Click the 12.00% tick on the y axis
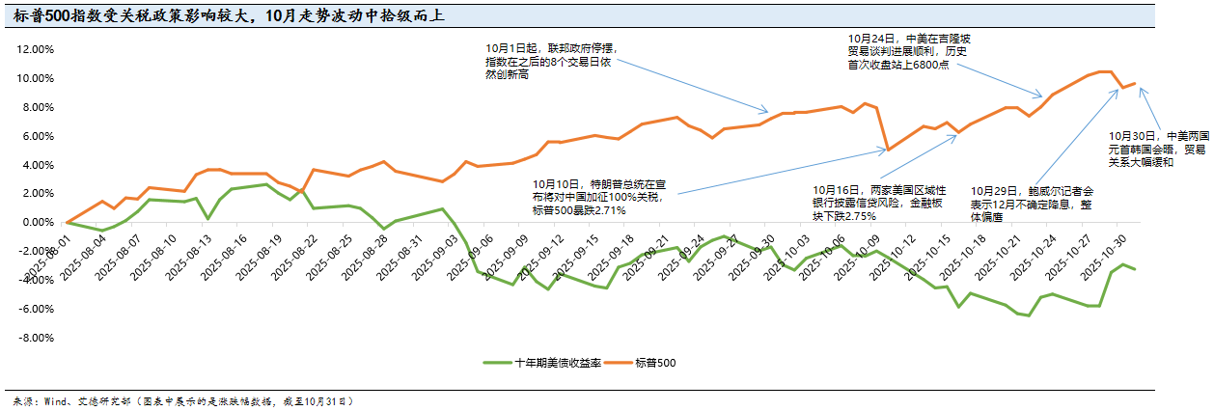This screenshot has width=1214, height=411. tap(36, 49)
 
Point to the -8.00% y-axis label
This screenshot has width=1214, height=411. tap(36, 338)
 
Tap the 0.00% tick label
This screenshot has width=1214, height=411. tap(39, 223)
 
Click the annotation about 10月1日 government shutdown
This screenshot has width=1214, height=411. tap(549, 61)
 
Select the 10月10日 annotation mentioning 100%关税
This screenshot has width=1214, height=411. tap(598, 196)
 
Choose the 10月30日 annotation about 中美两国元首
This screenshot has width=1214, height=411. tap(1156, 150)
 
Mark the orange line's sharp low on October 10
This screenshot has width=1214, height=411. tap(887, 150)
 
